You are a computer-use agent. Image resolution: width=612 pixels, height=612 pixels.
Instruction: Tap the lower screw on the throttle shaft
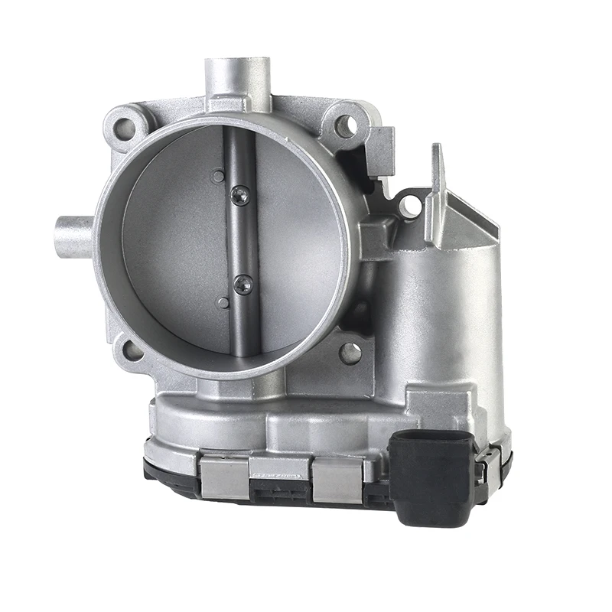pyautogui.click(x=243, y=285)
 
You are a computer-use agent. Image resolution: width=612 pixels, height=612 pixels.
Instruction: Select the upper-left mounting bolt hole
pyautogui.click(x=125, y=127)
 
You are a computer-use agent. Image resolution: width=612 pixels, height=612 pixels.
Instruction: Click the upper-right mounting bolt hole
pyautogui.click(x=345, y=125)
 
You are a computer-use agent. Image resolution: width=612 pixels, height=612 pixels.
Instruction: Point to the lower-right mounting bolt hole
pyautogui.click(x=350, y=353)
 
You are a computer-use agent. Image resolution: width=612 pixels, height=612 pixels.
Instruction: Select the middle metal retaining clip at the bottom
pyautogui.click(x=280, y=474)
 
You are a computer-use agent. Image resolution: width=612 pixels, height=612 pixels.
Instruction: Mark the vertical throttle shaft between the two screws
pyautogui.click(x=241, y=241)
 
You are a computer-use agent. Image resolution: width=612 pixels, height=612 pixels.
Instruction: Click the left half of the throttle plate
pyautogui.click(x=176, y=245)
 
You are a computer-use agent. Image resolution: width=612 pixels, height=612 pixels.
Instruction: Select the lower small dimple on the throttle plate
pyautogui.click(x=223, y=303)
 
